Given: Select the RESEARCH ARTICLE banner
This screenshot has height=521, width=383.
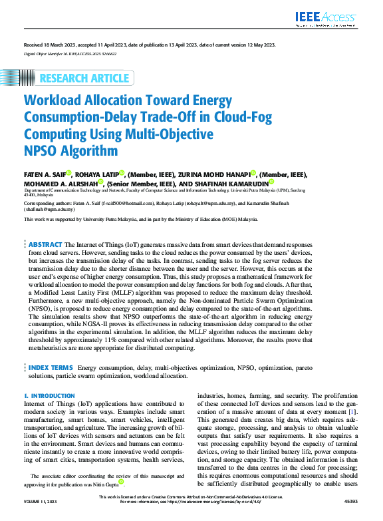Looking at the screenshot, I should coord(84,78).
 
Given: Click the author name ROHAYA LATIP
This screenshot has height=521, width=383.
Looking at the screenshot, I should coord(96,174).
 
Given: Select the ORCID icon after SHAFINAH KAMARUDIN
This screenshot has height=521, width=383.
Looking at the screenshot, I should coord(271,182).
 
